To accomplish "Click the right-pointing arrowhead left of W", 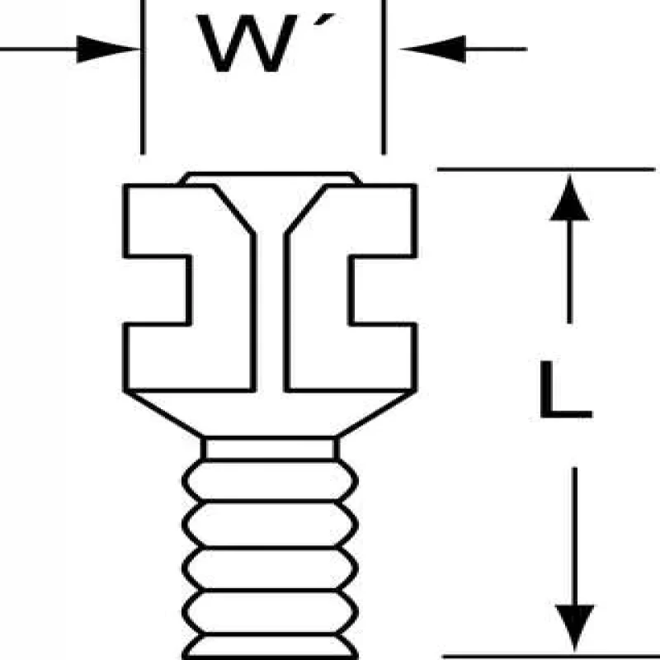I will click(x=107, y=49).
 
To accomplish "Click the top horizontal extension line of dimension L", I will click(x=544, y=169).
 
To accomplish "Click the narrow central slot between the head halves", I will click(x=270, y=313).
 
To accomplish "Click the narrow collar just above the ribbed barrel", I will click(x=270, y=448).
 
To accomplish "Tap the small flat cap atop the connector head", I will click(x=270, y=178).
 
